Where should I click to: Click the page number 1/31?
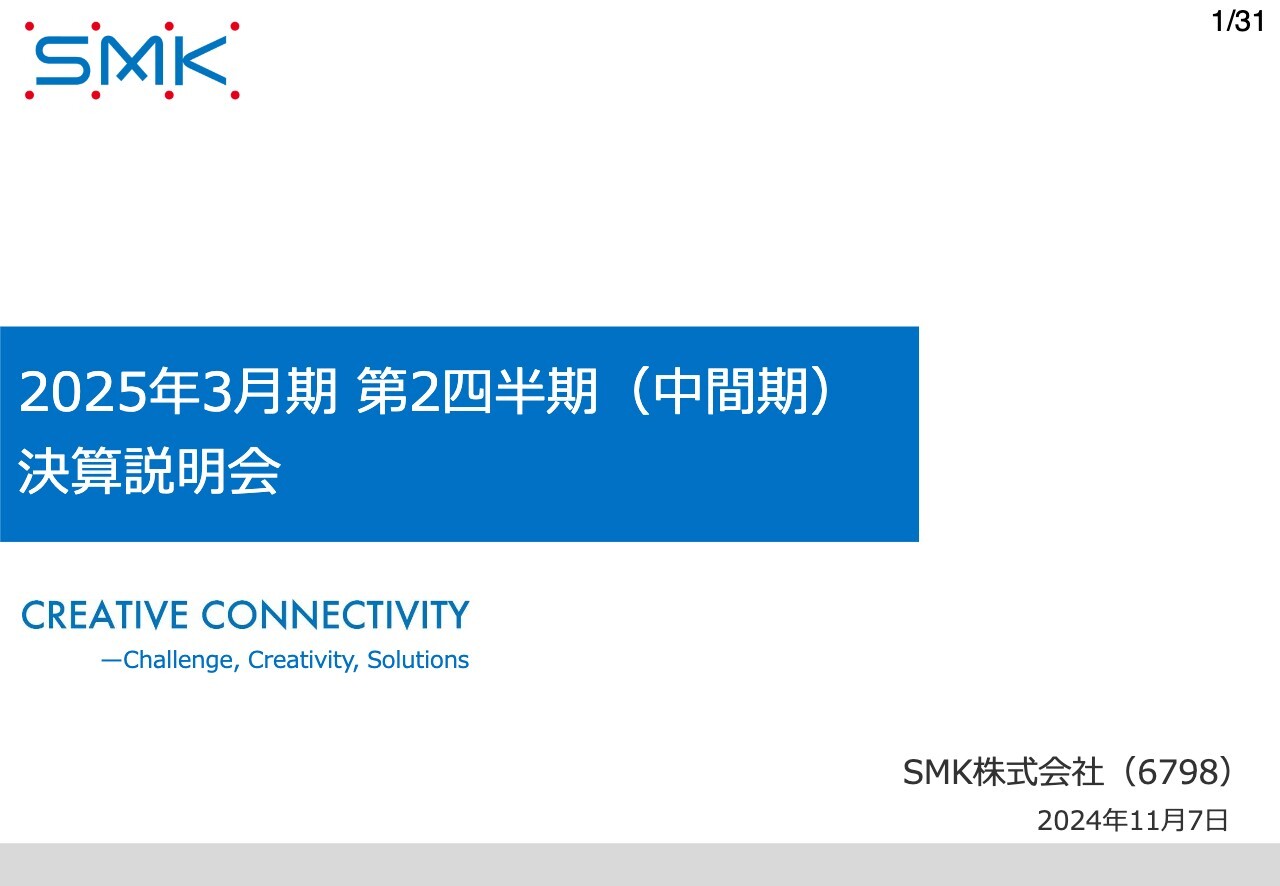pos(1237,22)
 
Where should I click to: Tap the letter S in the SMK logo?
pos(67,61)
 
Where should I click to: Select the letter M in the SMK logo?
pos(132,61)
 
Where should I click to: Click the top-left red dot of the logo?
pos(29,26)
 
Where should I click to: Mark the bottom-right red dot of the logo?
pos(235,96)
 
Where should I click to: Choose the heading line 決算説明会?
pos(149,473)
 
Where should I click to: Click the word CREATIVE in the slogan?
pos(105,615)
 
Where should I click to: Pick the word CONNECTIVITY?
pos(335,615)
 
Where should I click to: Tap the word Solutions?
pos(418,660)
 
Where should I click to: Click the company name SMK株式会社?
pos(1003,772)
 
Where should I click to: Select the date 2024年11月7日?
pos(1132,821)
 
